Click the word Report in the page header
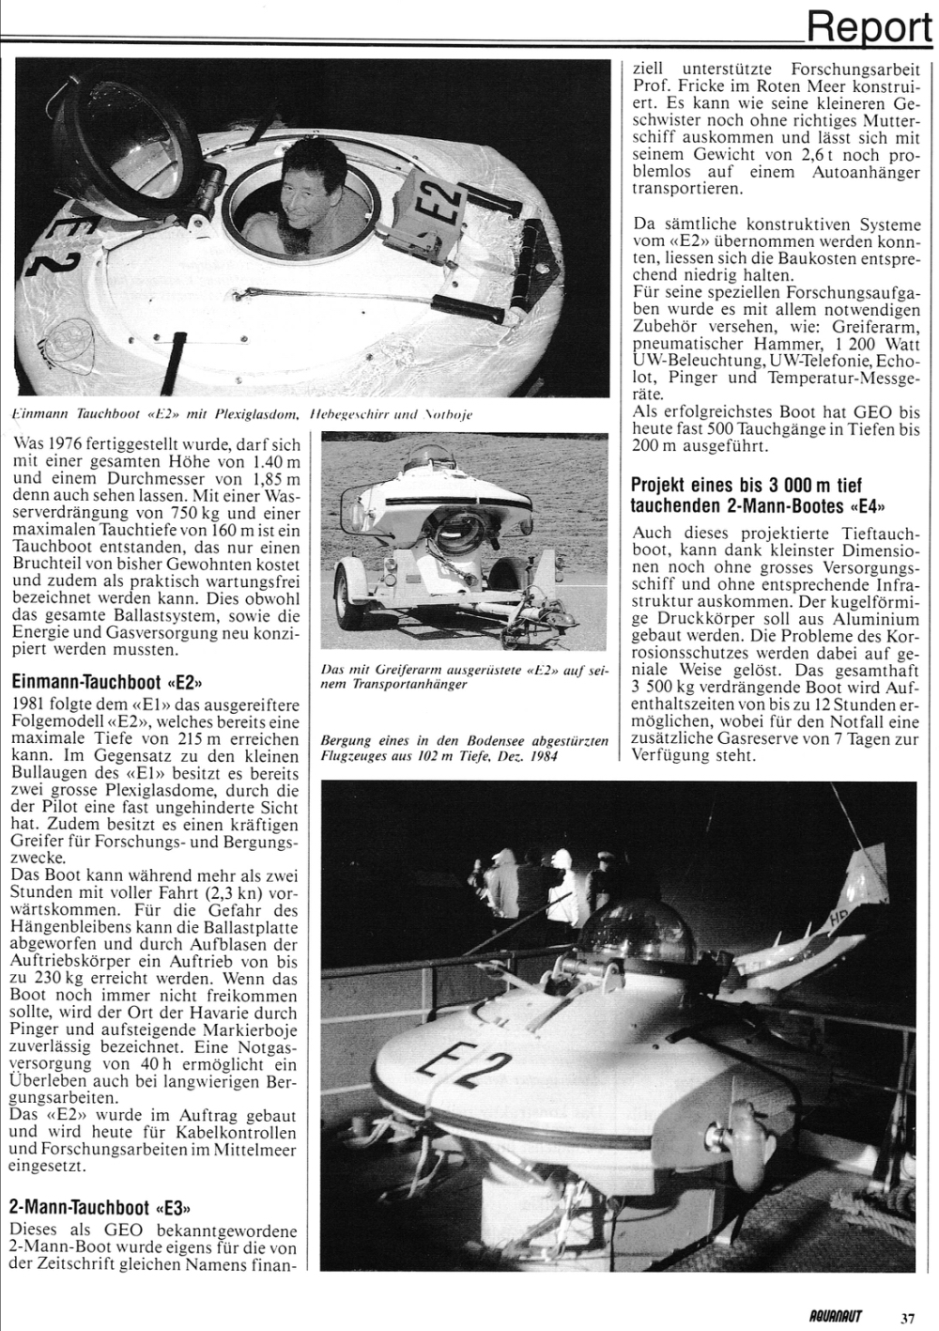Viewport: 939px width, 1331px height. click(868, 25)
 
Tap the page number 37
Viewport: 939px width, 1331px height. click(907, 1317)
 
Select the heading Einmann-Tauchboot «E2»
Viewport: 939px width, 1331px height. click(105, 681)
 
